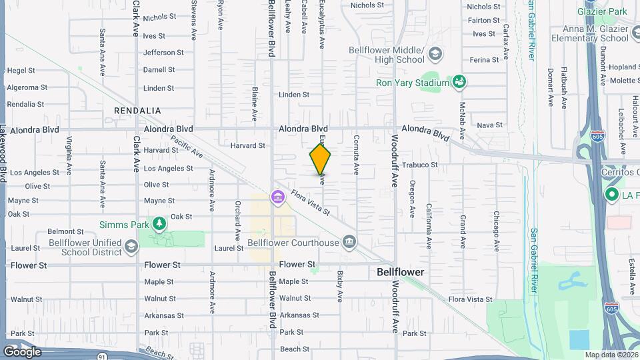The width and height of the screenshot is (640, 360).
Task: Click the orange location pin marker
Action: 321,160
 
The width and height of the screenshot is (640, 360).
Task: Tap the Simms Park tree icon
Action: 159,223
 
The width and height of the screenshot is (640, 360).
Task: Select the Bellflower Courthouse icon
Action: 348,241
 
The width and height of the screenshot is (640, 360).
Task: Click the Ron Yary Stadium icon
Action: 459,82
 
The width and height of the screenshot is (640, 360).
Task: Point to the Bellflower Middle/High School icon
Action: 435,53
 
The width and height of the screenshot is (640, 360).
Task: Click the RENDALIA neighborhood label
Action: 138,110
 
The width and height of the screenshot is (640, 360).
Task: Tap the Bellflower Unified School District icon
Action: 132,247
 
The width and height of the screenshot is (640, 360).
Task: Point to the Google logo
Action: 22,351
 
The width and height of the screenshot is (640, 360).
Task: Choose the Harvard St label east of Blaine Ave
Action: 247,145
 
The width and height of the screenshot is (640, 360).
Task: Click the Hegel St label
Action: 21,69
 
